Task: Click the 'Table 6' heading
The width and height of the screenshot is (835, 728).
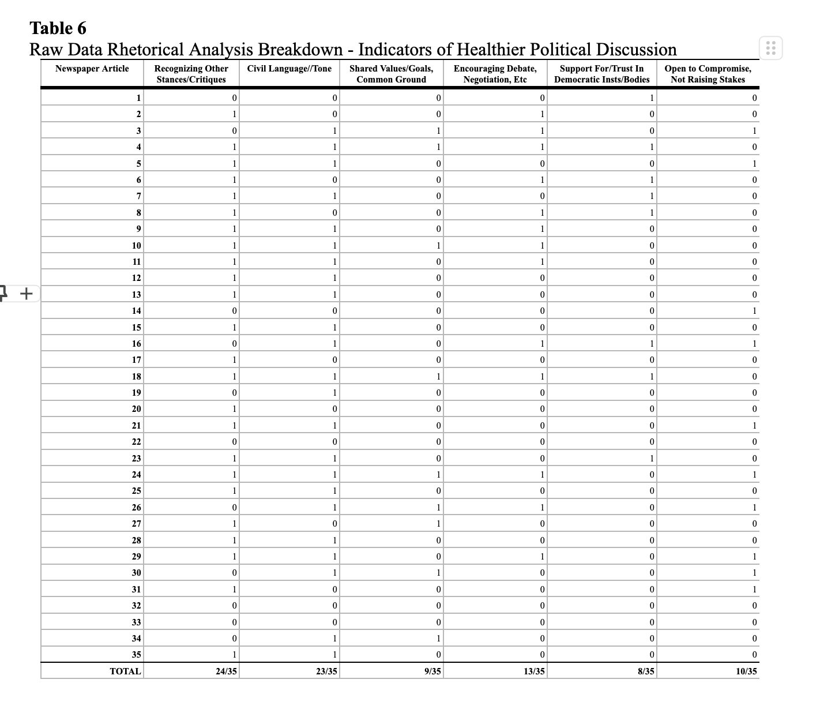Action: click(58, 28)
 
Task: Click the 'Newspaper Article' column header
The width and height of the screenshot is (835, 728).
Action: click(92, 69)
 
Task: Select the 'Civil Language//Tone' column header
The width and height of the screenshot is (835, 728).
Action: click(289, 69)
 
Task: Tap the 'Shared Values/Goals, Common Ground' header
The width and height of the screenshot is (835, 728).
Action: click(391, 74)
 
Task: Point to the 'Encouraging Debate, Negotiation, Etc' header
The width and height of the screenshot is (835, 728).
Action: click(495, 74)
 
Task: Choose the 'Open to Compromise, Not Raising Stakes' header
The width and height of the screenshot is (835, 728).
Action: click(708, 74)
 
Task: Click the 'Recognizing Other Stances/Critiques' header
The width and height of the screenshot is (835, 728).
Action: click(191, 74)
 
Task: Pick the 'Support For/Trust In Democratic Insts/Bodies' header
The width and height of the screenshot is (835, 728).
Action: click(601, 74)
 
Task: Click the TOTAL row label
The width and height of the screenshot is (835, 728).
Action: click(125, 671)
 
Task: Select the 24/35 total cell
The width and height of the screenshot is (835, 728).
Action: click(226, 671)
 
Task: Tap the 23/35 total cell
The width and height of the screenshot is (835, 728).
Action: click(326, 671)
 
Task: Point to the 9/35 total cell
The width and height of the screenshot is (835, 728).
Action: click(432, 671)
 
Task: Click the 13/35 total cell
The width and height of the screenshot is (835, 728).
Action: click(534, 671)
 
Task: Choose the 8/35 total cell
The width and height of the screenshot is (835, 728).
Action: click(645, 671)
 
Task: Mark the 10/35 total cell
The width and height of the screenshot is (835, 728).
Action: click(746, 671)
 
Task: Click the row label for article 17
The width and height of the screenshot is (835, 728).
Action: click(136, 360)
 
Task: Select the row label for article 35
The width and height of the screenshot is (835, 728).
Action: click(136, 655)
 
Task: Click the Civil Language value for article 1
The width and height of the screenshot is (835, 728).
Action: click(334, 98)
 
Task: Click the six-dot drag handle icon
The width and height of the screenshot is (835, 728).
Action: click(771, 48)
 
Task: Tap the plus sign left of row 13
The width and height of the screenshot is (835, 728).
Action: click(26, 294)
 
